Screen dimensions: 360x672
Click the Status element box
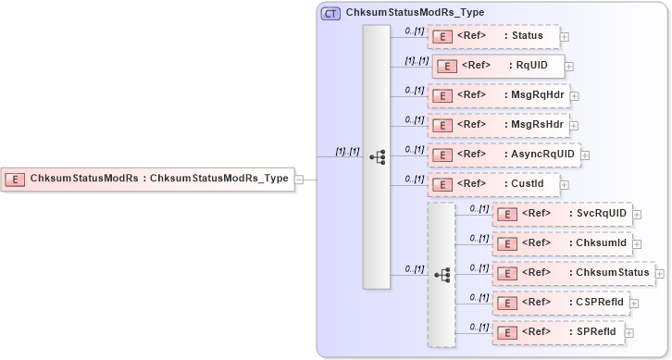pos(493,37)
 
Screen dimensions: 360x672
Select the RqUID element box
pos(497,66)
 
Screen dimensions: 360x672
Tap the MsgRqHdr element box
pos(498,94)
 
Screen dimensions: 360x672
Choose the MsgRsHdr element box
pos(498,124)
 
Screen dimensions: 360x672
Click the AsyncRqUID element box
pos(503,154)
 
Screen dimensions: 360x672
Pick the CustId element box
pos(492,184)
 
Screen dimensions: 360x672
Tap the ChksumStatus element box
pos(573,272)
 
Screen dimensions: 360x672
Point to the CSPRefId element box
pos(561,302)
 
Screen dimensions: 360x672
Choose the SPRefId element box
pos(558,331)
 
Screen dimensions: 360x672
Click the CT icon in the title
pos(330,13)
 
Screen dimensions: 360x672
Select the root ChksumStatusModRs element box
pos(148,179)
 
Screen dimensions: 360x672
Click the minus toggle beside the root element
pos(299,180)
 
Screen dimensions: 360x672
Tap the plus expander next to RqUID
pos(569,67)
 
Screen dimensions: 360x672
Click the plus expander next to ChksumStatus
pos(660,273)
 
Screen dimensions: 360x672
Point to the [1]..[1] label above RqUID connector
pos(416,60)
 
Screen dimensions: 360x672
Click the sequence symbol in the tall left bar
pos(377,157)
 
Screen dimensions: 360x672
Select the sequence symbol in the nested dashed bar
pos(442,275)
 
